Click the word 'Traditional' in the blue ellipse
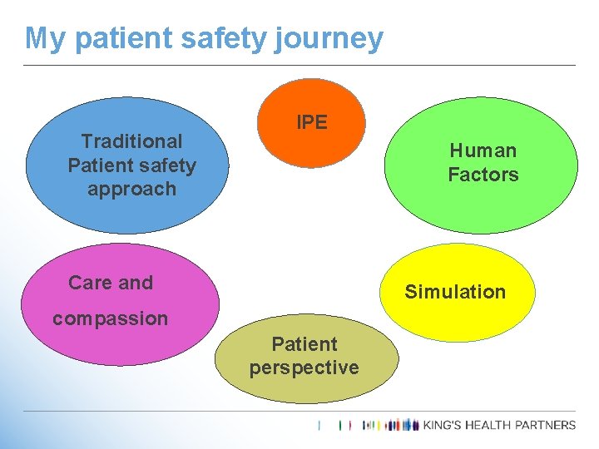click(131, 141)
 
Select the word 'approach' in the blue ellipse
click(131, 189)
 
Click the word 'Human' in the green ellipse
click(483, 150)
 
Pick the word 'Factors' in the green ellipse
click(483, 175)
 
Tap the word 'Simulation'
click(455, 292)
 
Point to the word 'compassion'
click(110, 318)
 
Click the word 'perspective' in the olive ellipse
click(304, 368)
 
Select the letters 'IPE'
click(312, 122)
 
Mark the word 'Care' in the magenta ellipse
click(87, 283)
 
